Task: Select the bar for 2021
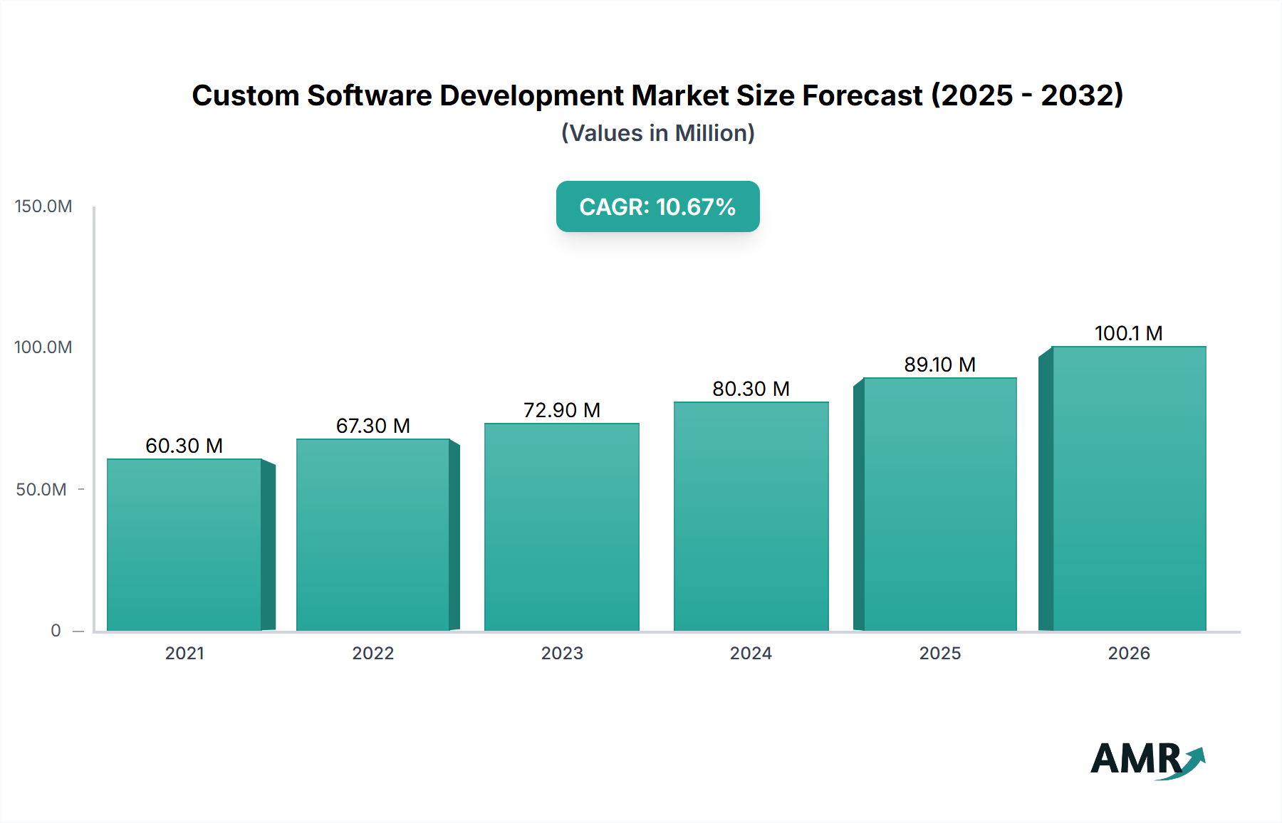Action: pyautogui.click(x=184, y=545)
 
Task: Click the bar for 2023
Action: pyautogui.click(x=562, y=527)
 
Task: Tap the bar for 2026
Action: pyautogui.click(x=1129, y=488)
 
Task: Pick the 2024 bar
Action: pyautogui.click(x=751, y=516)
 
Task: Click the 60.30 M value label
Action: pyautogui.click(x=184, y=446)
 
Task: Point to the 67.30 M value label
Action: pyautogui.click(x=373, y=426)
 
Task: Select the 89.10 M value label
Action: pyautogui.click(x=940, y=365)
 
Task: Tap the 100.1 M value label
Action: pyautogui.click(x=1129, y=333)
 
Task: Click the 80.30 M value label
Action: pyautogui.click(x=751, y=389)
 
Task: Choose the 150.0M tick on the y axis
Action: pyautogui.click(x=43, y=206)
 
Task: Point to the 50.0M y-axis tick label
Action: pyautogui.click(x=41, y=490)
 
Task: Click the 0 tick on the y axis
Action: pyautogui.click(x=56, y=631)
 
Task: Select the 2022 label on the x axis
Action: pyautogui.click(x=373, y=654)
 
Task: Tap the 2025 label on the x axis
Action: pyautogui.click(x=940, y=654)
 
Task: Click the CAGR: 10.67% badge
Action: pyautogui.click(x=657, y=206)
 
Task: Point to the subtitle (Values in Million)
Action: pyautogui.click(x=657, y=133)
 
